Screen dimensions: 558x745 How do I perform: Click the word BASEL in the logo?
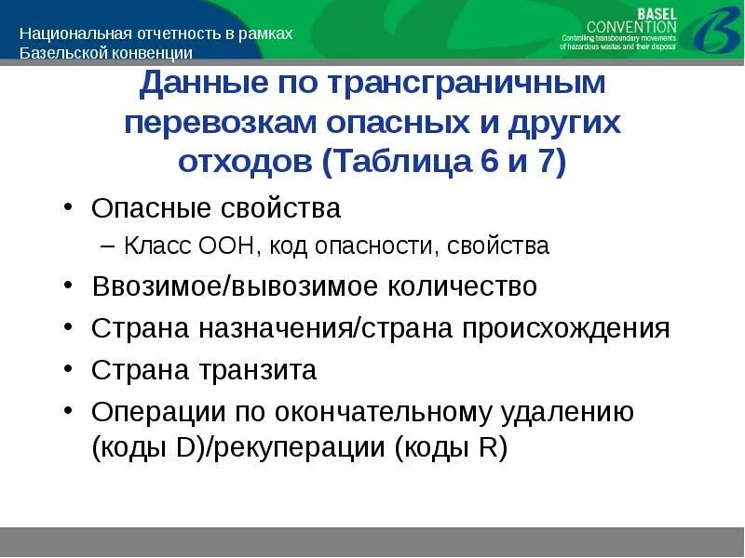coord(657,12)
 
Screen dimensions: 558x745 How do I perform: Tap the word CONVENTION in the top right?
coord(632,27)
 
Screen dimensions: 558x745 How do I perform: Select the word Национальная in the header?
coord(68,33)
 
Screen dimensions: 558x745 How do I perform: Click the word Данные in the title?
coord(194,84)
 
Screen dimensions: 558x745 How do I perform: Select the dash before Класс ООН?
coord(107,246)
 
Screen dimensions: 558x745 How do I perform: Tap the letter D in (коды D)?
coord(185,448)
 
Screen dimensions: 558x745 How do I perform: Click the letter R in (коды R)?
coord(488,448)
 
